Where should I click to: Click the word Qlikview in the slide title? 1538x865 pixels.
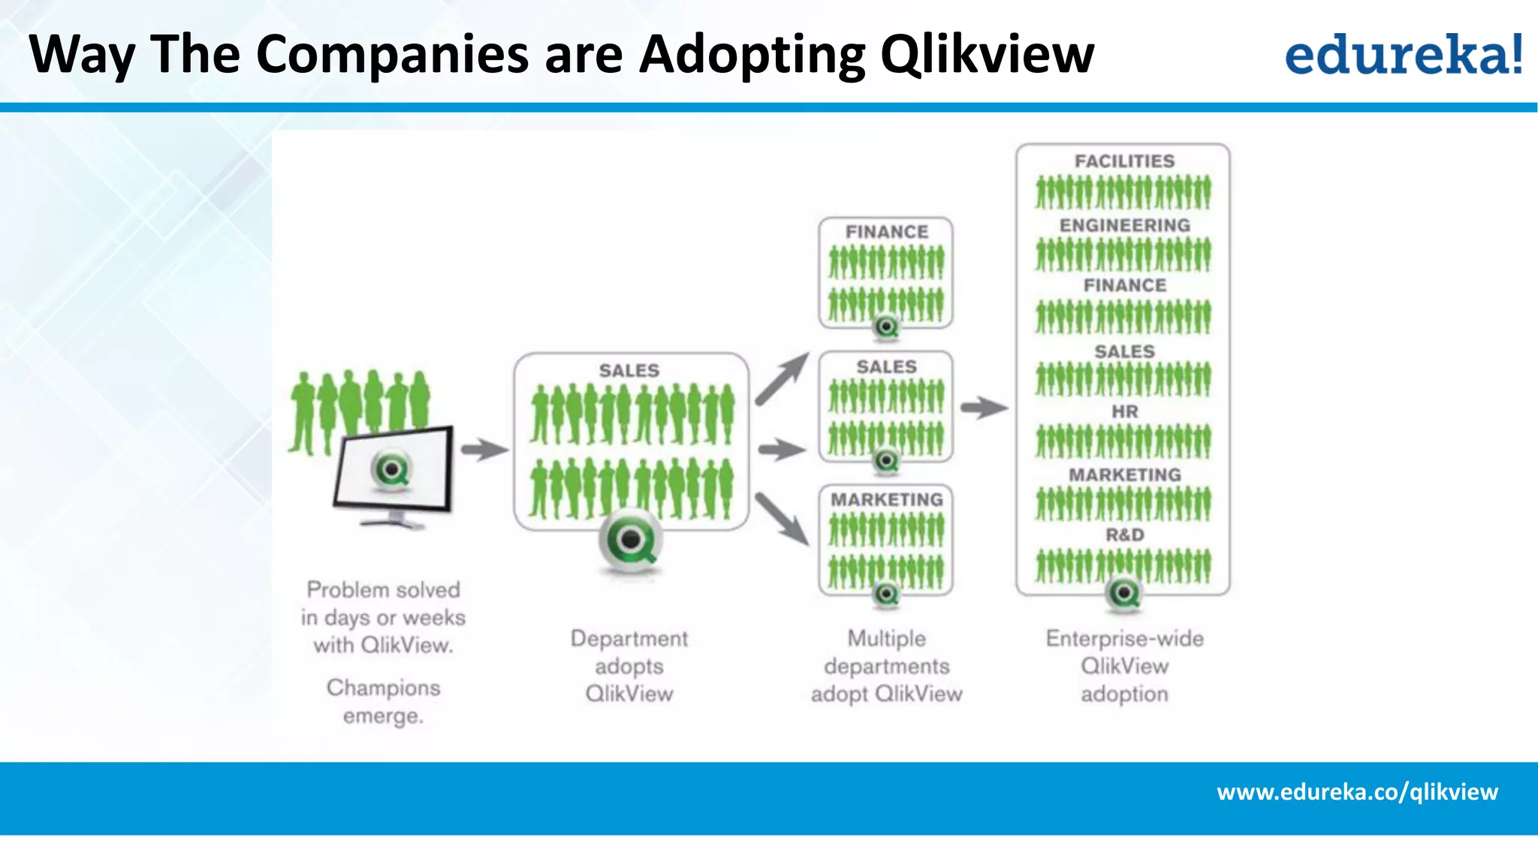tap(987, 54)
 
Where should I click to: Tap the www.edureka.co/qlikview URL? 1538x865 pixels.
tap(1357, 791)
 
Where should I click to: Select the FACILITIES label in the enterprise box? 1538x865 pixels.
tap(1124, 161)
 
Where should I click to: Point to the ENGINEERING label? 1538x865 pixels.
tap(1124, 225)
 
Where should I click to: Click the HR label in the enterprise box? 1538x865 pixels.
tap(1124, 411)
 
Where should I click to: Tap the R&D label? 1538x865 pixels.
tap(1124, 535)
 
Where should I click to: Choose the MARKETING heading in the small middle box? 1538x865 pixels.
tap(886, 499)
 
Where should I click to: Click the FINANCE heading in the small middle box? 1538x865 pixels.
tap(886, 232)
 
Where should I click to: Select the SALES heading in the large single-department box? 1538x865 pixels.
tap(629, 370)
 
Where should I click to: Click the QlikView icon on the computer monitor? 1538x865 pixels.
tap(391, 471)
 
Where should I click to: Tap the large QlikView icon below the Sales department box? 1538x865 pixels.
tap(631, 539)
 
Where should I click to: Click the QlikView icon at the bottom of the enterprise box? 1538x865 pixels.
tap(1124, 593)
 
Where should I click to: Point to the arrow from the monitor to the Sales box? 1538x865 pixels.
tap(484, 450)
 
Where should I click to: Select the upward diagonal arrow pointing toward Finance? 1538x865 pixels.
tap(782, 379)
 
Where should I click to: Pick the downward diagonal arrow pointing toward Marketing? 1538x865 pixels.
tap(782, 518)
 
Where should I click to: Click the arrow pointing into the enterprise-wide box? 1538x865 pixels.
tap(984, 408)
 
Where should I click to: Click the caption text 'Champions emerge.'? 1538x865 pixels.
tap(383, 701)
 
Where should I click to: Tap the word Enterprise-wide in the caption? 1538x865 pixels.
tap(1124, 638)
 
